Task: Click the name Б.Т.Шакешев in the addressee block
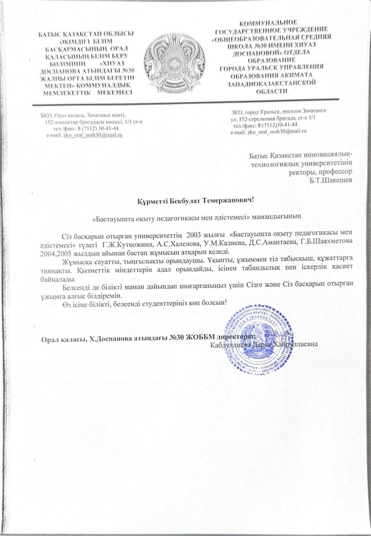tap(331, 181)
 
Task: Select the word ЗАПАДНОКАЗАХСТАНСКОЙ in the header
tap(270, 83)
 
